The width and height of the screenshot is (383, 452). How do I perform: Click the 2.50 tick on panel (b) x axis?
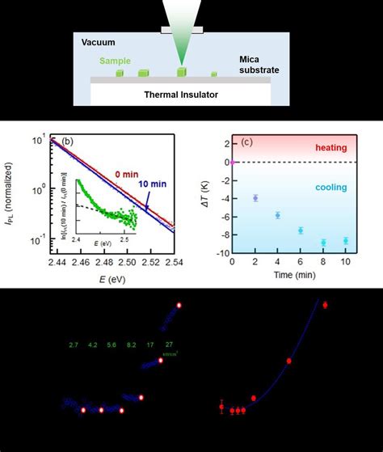tap(126, 263)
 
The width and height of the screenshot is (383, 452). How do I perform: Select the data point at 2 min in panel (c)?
tap(255, 198)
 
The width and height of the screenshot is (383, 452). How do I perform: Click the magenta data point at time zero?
tap(233, 163)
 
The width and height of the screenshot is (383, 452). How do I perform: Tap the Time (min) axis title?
tap(289, 276)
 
